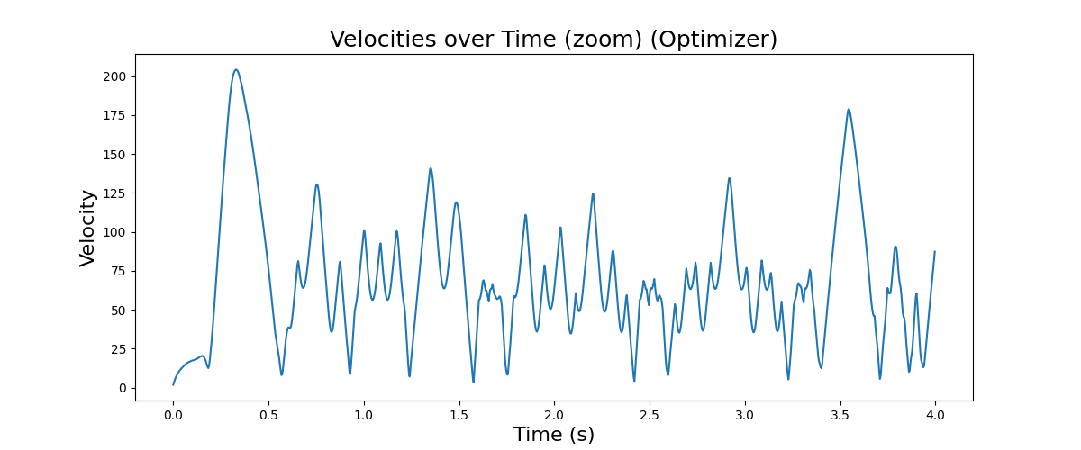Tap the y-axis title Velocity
point(87,228)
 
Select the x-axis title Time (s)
point(554,435)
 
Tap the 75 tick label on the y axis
point(117,272)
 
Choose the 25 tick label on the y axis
point(117,349)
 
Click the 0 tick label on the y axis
point(121,388)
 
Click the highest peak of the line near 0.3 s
point(236,70)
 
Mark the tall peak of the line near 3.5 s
point(849,109)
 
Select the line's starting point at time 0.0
point(173,385)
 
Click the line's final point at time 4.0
point(935,252)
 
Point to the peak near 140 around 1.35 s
point(431,168)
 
